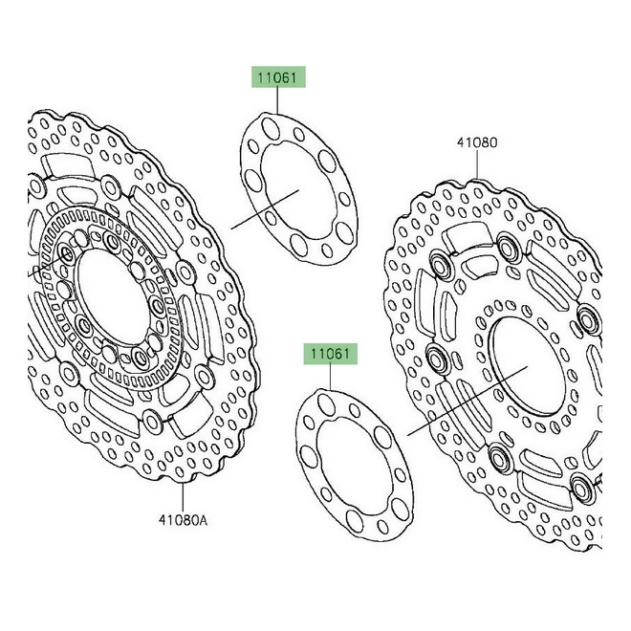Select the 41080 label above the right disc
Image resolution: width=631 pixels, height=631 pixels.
point(475,143)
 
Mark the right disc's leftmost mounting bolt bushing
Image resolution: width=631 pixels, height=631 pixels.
point(436,360)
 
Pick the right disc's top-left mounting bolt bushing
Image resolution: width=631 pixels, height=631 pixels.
point(441,263)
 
